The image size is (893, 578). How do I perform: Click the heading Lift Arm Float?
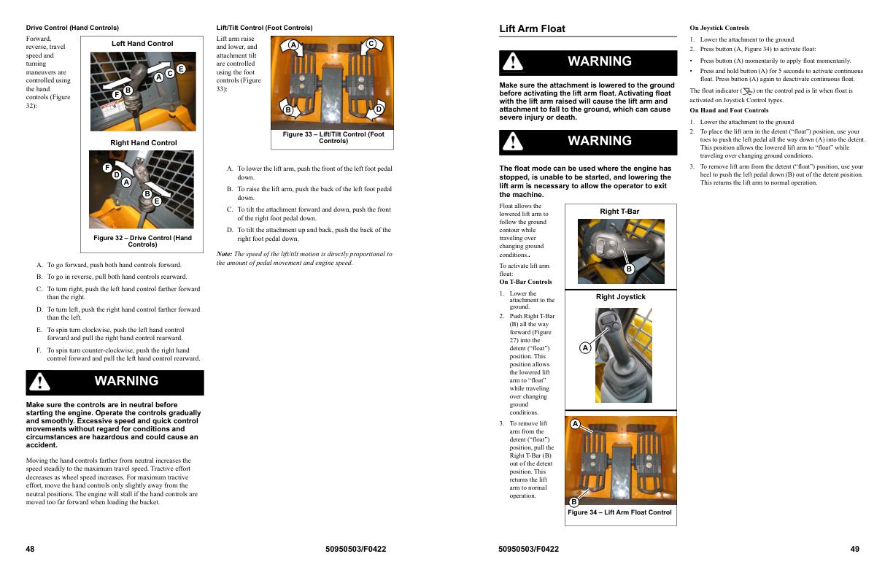532,28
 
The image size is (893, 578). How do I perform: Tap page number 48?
30,549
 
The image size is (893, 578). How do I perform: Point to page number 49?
854,549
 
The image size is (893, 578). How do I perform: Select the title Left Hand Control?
142,44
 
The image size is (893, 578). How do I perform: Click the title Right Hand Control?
143,142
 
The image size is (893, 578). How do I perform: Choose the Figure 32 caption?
142,241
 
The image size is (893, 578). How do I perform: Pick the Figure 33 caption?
333,137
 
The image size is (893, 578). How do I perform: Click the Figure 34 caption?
619,512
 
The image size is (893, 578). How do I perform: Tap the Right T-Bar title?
619,212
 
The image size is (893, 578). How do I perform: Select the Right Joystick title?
620,297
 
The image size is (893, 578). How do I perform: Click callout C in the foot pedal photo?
371,44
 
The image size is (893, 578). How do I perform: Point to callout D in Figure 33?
379,109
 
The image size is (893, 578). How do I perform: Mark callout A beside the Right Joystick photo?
585,348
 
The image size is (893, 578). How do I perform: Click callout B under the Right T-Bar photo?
629,269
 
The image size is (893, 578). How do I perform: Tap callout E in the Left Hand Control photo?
181,69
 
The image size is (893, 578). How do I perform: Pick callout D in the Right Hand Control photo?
116,174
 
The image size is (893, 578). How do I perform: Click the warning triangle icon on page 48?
39,382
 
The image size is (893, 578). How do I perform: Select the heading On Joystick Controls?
719,28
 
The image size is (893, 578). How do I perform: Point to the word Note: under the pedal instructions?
224,254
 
